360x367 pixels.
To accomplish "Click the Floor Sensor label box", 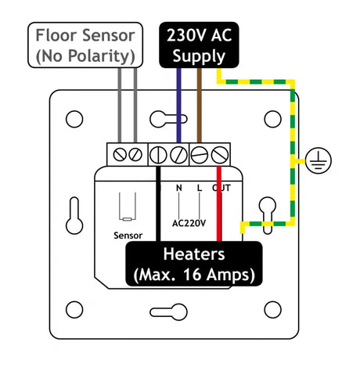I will pos(85,46).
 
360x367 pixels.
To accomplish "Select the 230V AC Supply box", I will pos(198,45).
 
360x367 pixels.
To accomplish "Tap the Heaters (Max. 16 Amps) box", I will pos(194,264).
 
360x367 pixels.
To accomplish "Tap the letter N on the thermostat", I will pos(178,189).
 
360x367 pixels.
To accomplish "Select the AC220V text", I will pos(189,222).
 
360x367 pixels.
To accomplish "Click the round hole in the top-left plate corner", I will pos(74,119).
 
